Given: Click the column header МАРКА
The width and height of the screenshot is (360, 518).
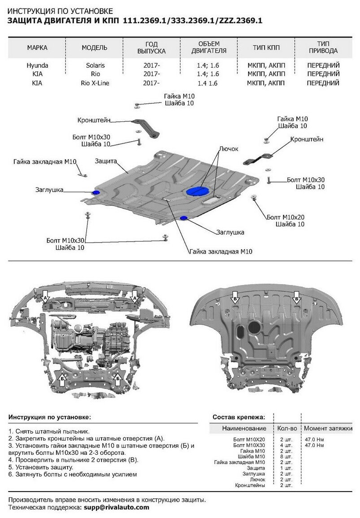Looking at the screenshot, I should tap(37, 47).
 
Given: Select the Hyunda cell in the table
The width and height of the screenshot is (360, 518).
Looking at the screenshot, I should tap(37, 65).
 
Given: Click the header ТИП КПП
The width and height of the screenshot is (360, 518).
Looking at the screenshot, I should tap(266, 47).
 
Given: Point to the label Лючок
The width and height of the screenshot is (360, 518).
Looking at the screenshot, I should tap(229, 149).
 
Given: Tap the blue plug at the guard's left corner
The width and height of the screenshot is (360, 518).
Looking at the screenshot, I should tap(95, 193).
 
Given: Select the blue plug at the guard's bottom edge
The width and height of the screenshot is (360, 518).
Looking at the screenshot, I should tap(184, 218).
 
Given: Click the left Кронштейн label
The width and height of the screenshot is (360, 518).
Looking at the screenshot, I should tap(93, 120).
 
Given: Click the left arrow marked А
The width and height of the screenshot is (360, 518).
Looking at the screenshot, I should tap(45, 297).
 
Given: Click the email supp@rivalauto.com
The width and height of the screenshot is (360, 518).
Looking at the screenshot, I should tap(116, 507).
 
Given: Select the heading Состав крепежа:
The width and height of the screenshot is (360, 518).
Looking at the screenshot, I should tap(239, 417).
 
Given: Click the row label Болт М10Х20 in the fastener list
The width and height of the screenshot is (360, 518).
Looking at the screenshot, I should tap(249, 440).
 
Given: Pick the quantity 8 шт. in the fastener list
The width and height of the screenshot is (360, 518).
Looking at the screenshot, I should tap(285, 457).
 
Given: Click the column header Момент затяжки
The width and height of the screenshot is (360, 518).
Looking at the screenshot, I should tap(329, 428).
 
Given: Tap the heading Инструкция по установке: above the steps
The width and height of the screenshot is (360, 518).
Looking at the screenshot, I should tap(49, 417).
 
